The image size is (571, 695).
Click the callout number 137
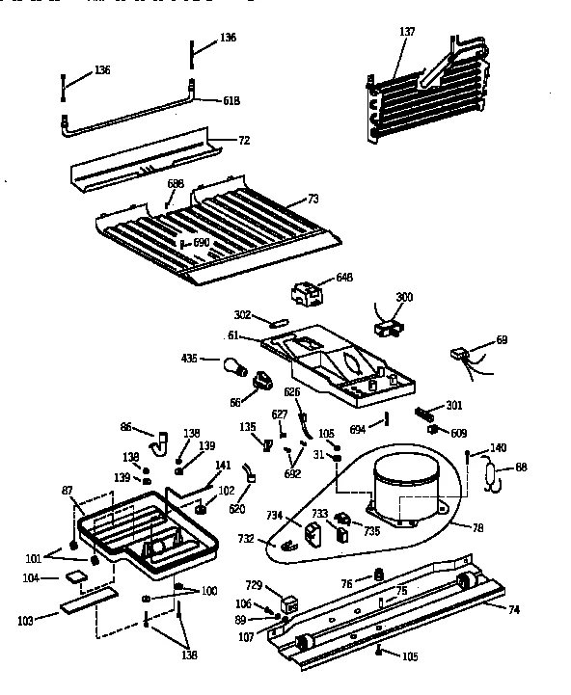point(407,31)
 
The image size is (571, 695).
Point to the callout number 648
point(344,278)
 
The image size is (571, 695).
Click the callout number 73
point(313,198)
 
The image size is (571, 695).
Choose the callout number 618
point(231,100)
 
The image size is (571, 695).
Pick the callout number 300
point(404,297)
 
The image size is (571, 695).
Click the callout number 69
point(501,339)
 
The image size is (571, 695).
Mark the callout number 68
point(521,467)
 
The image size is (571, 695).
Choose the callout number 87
point(67,492)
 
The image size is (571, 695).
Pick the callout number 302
point(242,314)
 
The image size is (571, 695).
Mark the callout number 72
point(244,141)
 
